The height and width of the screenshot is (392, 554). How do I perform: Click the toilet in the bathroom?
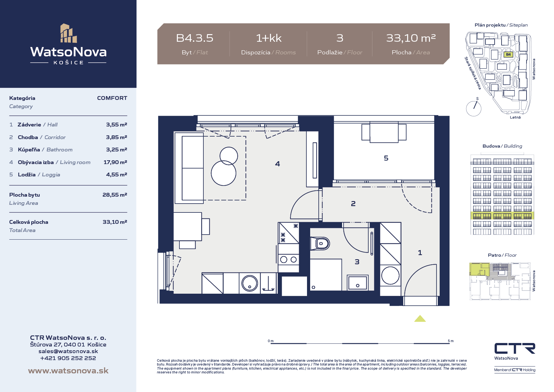click(x=320, y=244)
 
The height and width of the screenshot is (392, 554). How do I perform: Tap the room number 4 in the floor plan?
click(x=277, y=164)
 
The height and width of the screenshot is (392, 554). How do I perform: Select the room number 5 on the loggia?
click(x=386, y=158)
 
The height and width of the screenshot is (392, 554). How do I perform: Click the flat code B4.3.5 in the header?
click(x=195, y=38)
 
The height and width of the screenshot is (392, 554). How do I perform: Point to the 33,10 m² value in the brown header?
click(x=411, y=38)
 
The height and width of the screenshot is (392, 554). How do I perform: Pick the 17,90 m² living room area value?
click(x=115, y=162)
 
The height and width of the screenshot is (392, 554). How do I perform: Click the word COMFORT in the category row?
click(x=112, y=98)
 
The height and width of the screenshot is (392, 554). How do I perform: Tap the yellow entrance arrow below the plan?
click(x=420, y=318)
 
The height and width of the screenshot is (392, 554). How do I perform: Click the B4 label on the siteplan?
click(x=508, y=54)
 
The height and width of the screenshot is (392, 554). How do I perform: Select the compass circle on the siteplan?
click(x=474, y=108)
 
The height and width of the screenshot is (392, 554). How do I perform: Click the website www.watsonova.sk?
click(x=68, y=371)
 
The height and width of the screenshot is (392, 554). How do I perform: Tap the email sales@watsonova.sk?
click(x=68, y=351)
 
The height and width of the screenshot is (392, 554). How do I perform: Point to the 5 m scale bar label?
click(x=451, y=341)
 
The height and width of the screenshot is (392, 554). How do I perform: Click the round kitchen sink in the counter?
click(x=250, y=283)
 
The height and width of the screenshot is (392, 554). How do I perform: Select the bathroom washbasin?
click(x=358, y=283)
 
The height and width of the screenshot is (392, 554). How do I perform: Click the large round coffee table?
click(x=224, y=173)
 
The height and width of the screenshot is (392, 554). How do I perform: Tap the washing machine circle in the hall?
click(x=390, y=275)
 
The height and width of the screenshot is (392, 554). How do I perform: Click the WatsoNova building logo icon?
click(x=69, y=33)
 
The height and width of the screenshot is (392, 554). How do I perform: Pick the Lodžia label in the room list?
click(x=27, y=175)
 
